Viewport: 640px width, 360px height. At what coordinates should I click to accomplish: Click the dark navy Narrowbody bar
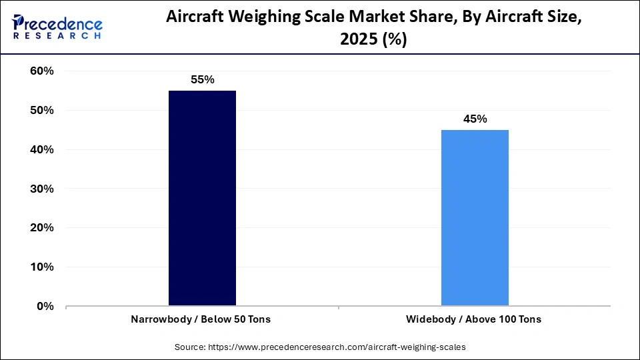pyautogui.click(x=202, y=198)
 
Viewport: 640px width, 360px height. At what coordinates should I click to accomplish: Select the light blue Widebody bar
pyautogui.click(x=475, y=217)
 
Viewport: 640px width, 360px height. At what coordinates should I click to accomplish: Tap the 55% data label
pyautogui.click(x=202, y=80)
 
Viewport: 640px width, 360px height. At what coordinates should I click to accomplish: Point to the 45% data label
pyautogui.click(x=475, y=119)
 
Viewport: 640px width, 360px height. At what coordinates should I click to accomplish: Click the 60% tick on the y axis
pyautogui.click(x=41, y=71)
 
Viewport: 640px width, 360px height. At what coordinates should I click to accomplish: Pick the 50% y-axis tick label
pyautogui.click(x=41, y=111)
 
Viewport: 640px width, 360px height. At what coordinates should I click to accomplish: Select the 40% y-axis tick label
pyautogui.click(x=41, y=150)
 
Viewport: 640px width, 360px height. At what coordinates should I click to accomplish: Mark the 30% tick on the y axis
pyautogui.click(x=41, y=189)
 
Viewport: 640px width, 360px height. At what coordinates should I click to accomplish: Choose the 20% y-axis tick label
pyautogui.click(x=41, y=228)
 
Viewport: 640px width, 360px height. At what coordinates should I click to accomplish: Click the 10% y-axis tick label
pyautogui.click(x=41, y=267)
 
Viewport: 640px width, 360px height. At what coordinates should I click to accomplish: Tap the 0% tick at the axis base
pyautogui.click(x=45, y=307)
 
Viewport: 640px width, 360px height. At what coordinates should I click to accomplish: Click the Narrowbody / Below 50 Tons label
pyautogui.click(x=202, y=319)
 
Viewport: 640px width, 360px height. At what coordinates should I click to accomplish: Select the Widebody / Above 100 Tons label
pyautogui.click(x=475, y=319)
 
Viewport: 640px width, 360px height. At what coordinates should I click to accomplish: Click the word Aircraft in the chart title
pyautogui.click(x=195, y=19)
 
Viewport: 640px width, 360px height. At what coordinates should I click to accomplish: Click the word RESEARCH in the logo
pyautogui.click(x=57, y=37)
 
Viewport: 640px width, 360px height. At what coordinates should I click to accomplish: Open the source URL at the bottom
pyautogui.click(x=337, y=347)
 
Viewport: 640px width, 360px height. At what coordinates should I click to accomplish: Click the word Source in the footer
pyautogui.click(x=191, y=347)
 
